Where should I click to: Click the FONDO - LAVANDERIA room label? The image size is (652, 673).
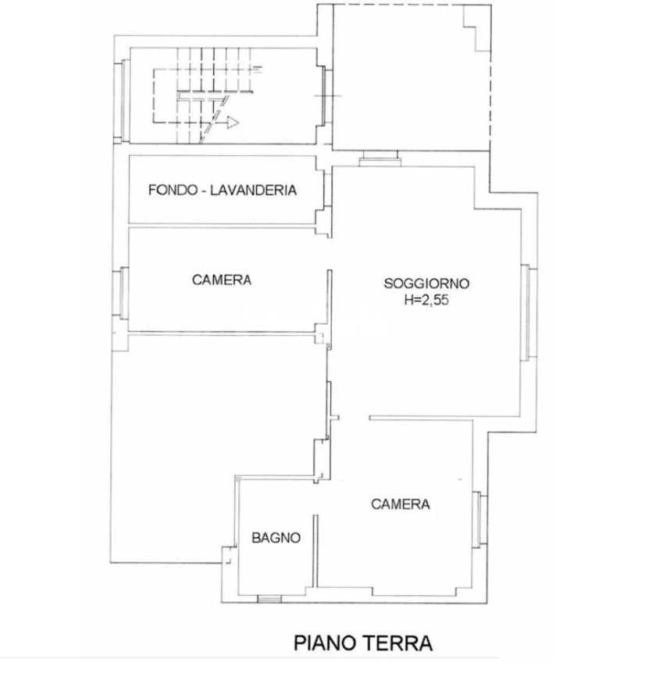coord(223,190)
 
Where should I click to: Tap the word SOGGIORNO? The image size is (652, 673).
coord(426,283)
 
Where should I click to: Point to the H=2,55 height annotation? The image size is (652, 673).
coord(426,300)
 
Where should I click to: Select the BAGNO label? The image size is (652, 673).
coord(276,538)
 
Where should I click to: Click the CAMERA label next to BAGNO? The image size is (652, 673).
coord(400,504)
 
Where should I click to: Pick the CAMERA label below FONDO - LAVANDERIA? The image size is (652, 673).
coord(222,280)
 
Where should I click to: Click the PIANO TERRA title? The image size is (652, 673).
coord(363,643)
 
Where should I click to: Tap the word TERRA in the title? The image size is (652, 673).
coord(398,643)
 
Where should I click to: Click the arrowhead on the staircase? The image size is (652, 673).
coord(233,123)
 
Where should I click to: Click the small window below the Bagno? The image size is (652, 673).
coord(269,599)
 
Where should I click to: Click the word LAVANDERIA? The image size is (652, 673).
coord(253,190)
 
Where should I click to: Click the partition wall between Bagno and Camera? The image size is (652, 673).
coord(315,551)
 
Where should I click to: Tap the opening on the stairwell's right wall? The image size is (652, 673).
coord(327,96)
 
